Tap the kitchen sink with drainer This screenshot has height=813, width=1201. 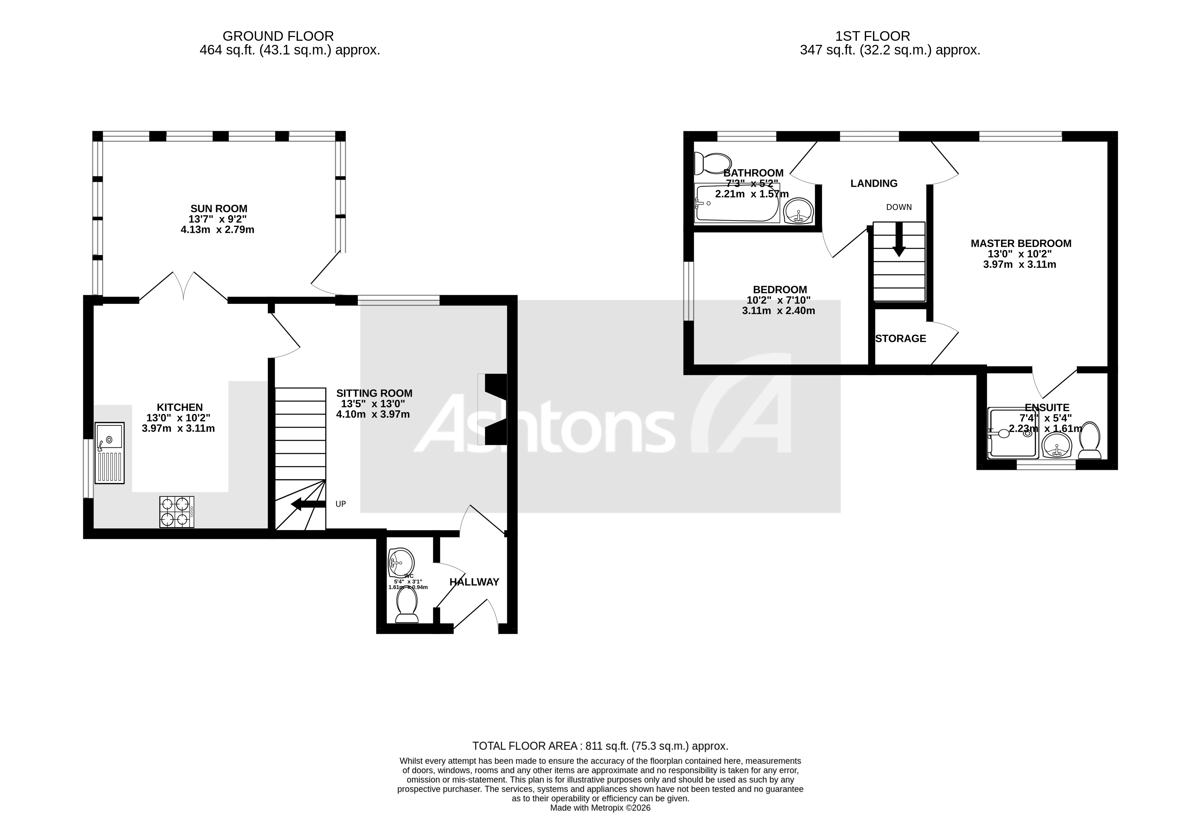110,453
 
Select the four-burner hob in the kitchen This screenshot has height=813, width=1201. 177,512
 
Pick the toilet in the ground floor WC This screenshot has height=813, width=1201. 407,605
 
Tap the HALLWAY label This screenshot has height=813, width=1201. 474,582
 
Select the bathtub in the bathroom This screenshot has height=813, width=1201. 736,203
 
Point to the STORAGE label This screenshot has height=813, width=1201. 900,339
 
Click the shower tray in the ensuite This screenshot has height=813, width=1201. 1012,433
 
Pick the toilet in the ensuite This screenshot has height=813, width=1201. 1090,440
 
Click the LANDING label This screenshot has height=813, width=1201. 874,184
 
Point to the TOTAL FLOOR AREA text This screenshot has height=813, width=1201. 600,746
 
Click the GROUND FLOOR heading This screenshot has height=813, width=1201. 278,36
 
